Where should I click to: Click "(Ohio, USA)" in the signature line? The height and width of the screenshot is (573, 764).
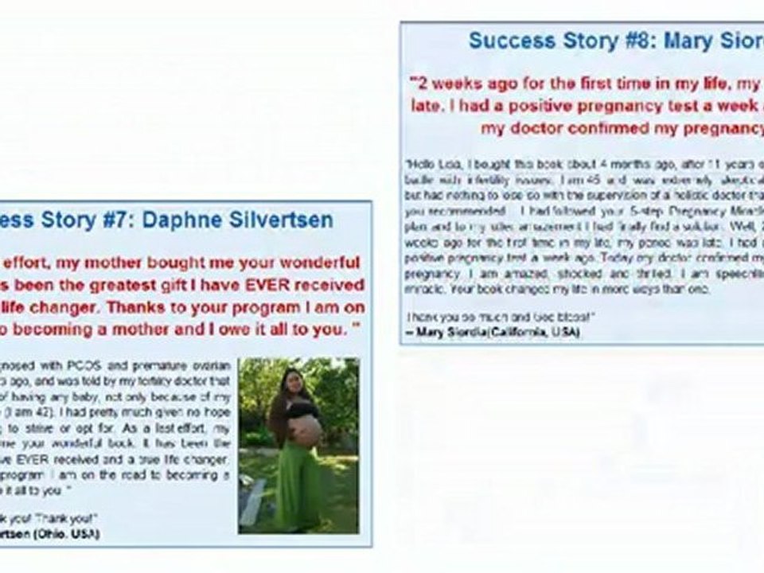pyautogui.click(x=67, y=534)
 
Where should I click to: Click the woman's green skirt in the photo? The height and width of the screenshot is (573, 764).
pyautogui.click(x=299, y=485)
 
